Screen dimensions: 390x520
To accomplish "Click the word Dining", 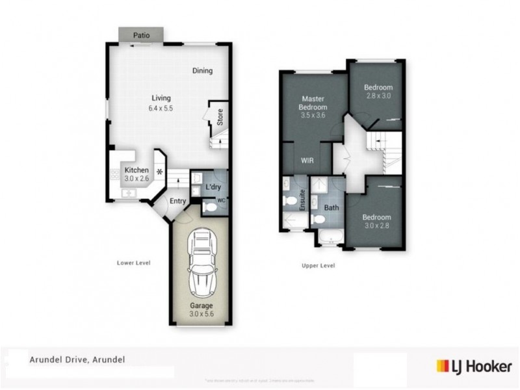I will [202, 71].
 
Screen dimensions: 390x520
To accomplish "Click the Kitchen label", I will [136, 170].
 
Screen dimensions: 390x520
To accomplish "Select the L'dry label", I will [213, 187].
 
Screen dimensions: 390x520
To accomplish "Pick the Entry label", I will [177, 201].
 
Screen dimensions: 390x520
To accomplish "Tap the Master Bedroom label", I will [313, 103].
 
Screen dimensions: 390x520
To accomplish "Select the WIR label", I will [307, 160].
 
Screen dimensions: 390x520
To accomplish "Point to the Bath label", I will [331, 208].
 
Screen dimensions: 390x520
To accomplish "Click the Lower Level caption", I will [133, 263].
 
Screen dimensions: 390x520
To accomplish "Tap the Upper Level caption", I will [318, 265].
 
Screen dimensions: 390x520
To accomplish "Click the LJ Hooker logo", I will [474, 367].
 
